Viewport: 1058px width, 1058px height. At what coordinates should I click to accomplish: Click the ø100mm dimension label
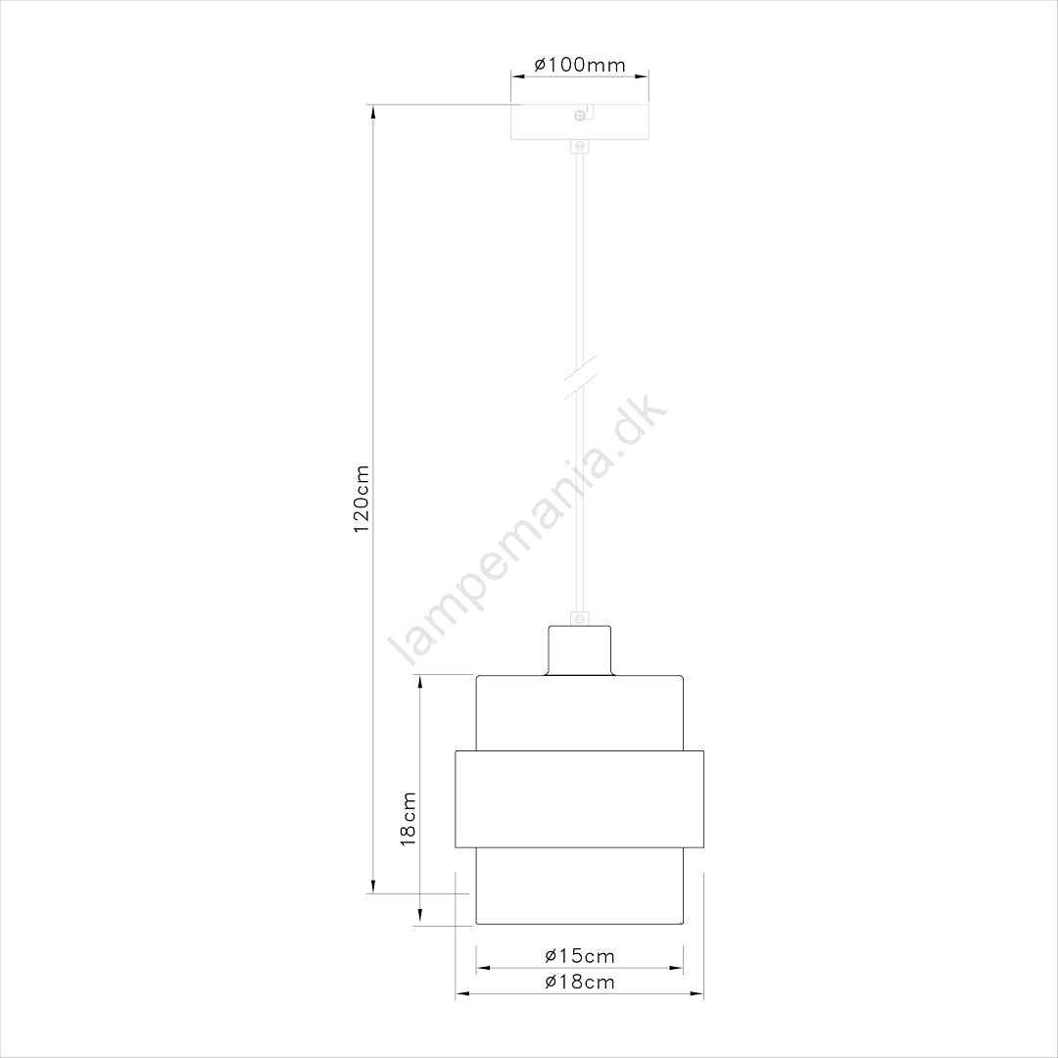click(580, 65)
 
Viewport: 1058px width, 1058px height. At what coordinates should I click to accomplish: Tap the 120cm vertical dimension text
click(361, 499)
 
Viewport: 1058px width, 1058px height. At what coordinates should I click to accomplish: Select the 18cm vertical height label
click(409, 819)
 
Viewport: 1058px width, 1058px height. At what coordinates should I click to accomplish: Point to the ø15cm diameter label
click(580, 956)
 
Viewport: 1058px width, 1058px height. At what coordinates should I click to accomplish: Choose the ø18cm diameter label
click(580, 982)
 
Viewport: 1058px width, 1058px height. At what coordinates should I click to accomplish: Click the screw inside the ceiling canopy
click(579, 116)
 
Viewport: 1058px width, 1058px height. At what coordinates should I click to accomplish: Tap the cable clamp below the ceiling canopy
click(580, 146)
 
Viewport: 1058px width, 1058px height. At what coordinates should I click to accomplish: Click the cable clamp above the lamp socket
click(580, 618)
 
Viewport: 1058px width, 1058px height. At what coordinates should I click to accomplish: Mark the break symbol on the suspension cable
click(580, 378)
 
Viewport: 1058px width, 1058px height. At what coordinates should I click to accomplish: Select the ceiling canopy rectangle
click(580, 121)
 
